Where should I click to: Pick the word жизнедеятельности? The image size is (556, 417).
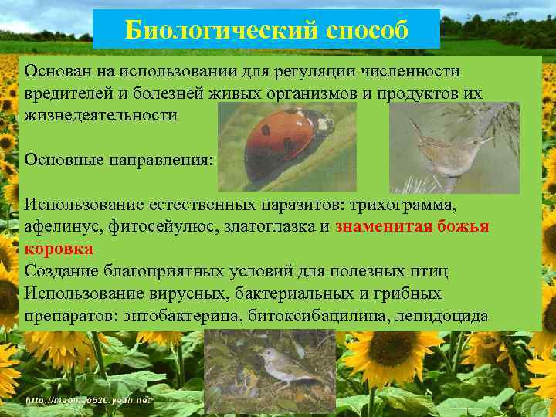(100, 115)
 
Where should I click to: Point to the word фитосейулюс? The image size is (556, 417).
(154, 227)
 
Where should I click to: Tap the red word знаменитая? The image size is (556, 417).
(384, 227)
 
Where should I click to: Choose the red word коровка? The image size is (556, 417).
(59, 249)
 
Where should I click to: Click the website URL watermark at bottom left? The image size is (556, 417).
(90, 401)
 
